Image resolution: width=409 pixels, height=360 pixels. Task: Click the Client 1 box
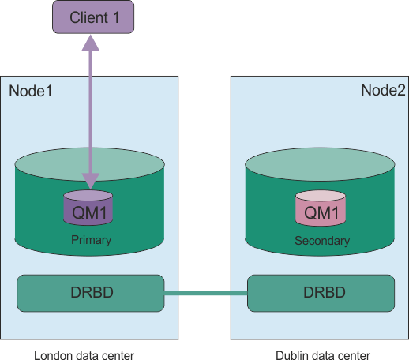[92, 17]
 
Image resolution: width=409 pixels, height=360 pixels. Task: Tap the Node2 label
[383, 90]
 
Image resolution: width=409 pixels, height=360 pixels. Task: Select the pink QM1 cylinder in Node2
[320, 209]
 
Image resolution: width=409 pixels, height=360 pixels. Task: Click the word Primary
[90, 240]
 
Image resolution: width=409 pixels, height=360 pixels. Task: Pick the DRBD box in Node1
[90, 293]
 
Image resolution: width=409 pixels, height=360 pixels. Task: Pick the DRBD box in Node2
[320, 293]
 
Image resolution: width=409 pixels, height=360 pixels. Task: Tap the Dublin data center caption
[324, 355]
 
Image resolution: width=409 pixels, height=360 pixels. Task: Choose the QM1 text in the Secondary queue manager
[320, 212]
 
